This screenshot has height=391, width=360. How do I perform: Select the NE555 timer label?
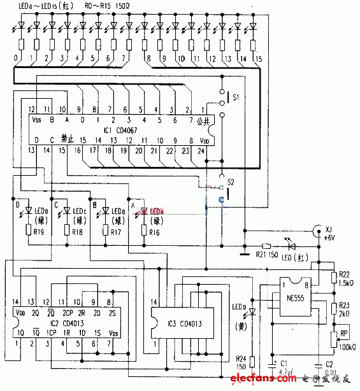pos(292,295)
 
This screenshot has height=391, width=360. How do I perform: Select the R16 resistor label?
pos(154,233)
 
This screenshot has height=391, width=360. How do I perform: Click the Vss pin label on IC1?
pos(34,120)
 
